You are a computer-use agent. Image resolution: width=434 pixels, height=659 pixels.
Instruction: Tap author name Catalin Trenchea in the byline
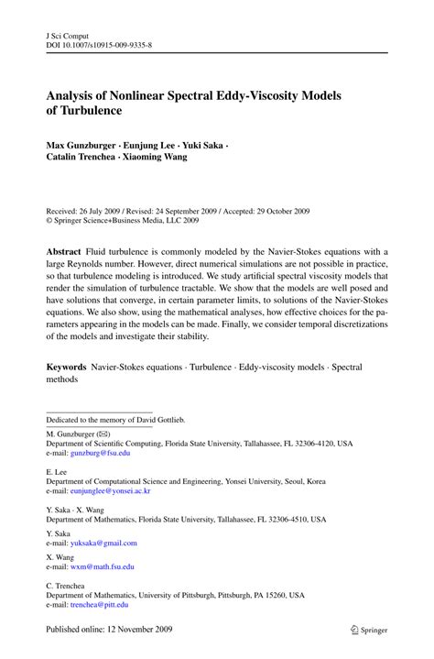[85, 159]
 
